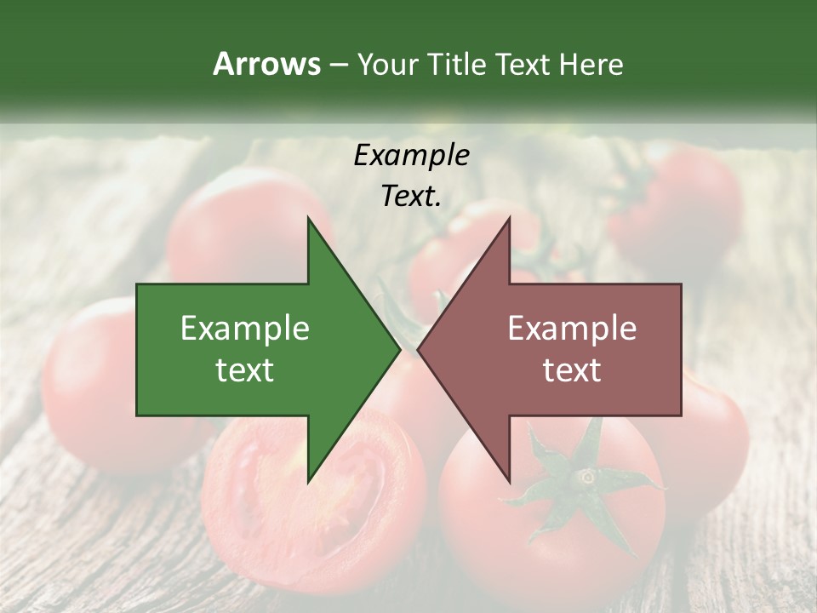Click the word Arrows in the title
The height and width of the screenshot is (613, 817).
(x=266, y=64)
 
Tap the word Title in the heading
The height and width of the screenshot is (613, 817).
(x=456, y=64)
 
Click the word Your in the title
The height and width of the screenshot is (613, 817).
(x=387, y=64)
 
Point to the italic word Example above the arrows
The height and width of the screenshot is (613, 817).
(x=411, y=156)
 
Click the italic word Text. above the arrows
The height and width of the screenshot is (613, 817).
(x=411, y=197)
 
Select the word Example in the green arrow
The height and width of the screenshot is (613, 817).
(x=245, y=329)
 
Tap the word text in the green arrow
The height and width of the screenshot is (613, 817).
(x=245, y=370)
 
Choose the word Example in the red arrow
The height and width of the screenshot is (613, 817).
(x=572, y=329)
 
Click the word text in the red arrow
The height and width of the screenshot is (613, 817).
(x=572, y=370)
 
